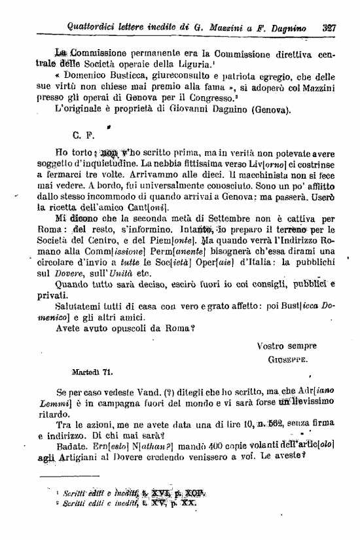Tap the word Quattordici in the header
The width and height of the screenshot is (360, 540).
(96, 27)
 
